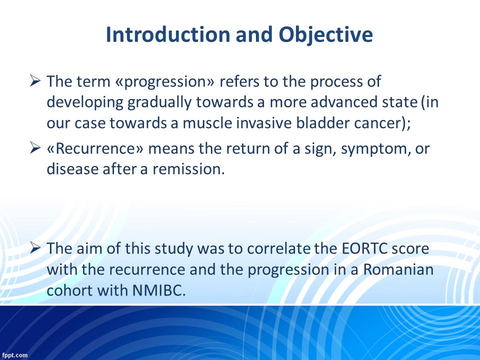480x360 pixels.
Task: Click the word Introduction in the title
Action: coord(168,34)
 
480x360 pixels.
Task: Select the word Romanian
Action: coord(398,269)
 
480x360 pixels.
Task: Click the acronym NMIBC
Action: coord(159,290)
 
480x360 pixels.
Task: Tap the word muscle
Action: coord(207,123)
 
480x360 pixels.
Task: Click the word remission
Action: coord(188,169)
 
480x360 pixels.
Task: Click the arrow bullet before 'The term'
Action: coord(35,81)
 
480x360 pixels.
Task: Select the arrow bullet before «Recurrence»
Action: coord(35,148)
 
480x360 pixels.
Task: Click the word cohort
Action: coord(69,290)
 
